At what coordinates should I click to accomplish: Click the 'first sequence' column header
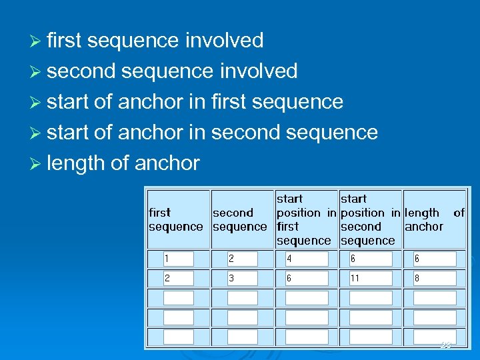click(x=176, y=219)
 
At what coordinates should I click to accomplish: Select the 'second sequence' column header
click(x=239, y=219)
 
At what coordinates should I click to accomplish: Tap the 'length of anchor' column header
click(x=435, y=219)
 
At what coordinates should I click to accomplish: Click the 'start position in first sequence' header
click(x=306, y=219)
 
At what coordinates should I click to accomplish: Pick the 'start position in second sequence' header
click(x=370, y=219)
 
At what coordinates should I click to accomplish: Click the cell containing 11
click(x=370, y=279)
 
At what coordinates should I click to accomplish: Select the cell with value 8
click(x=435, y=279)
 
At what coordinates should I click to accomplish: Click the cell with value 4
click(x=306, y=259)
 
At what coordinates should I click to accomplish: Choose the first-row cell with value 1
click(x=178, y=259)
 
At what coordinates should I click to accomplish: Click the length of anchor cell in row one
click(x=435, y=259)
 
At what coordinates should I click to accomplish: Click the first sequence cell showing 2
click(x=178, y=279)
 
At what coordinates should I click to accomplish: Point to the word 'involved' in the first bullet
click(x=224, y=41)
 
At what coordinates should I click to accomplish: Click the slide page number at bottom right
click(x=445, y=345)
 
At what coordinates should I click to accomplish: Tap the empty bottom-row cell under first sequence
click(x=178, y=337)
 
